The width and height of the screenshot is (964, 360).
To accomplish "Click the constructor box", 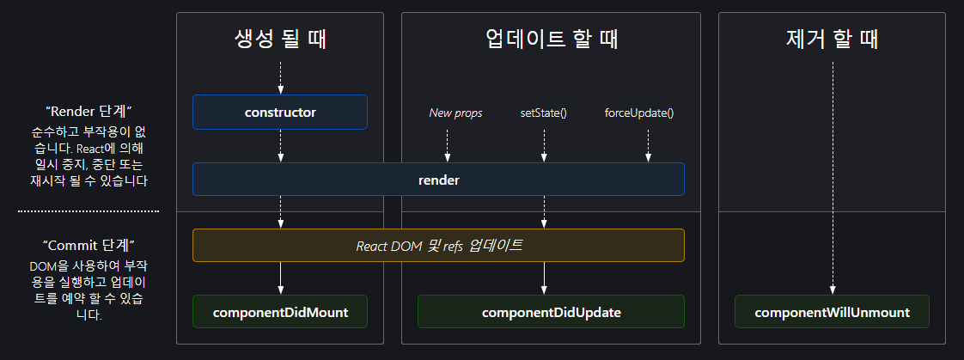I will point(280,112).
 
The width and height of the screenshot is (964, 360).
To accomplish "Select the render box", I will point(438,180).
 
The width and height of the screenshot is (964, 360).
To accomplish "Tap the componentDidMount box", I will point(280,312).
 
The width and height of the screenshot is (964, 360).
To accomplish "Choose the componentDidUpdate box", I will point(551,312).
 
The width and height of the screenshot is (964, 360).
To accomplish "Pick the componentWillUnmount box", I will point(832,312).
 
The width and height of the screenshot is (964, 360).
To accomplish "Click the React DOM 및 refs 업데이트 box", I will point(438,245).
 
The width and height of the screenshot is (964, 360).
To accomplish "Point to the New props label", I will point(455,113).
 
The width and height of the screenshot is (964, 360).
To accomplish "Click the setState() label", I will point(544,113).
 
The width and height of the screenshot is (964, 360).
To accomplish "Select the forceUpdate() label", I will point(639,113).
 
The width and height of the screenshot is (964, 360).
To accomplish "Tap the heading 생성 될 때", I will point(280,39).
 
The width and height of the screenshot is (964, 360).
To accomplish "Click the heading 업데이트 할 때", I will point(551,39).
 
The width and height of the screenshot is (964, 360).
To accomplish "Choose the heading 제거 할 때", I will point(832,39).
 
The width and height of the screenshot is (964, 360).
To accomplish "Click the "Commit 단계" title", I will point(88,245).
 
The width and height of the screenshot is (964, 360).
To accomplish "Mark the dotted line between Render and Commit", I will point(88,211).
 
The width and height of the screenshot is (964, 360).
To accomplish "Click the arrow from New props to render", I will point(448,143).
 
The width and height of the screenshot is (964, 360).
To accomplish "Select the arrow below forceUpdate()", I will point(648,143).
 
